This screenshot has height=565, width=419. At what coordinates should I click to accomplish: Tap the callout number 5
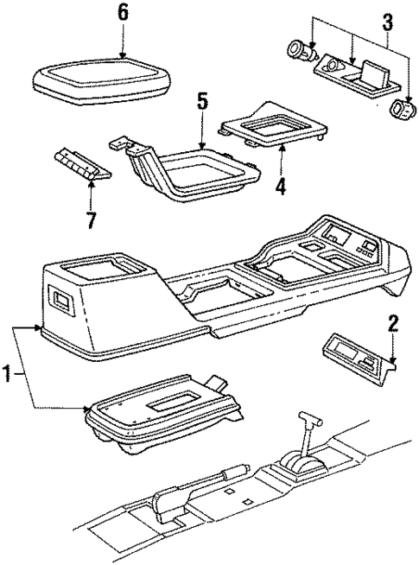201,102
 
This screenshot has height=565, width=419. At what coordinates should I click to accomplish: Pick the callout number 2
393,325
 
